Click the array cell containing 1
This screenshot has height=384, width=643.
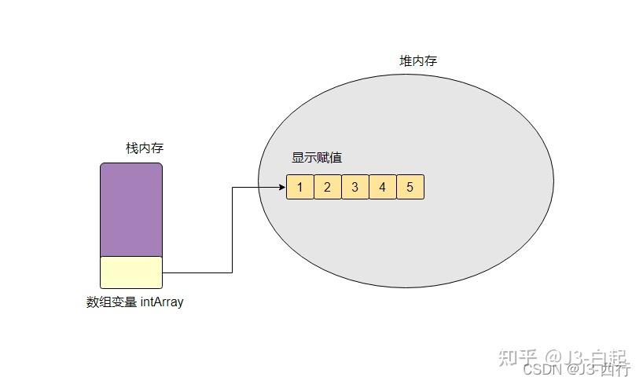299,187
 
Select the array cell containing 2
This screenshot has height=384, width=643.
327,187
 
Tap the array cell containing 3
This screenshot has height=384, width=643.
355,187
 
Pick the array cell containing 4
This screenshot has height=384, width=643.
382,187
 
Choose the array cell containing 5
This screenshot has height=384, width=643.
410,187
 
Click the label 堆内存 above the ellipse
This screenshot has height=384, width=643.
418,61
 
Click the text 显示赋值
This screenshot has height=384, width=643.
317,158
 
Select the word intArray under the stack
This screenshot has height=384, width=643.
162,302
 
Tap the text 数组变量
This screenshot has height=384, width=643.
111,302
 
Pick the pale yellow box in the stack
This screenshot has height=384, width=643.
130,272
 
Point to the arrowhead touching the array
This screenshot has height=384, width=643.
281,187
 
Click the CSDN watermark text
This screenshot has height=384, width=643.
542,368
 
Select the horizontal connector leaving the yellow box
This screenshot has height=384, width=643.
197,272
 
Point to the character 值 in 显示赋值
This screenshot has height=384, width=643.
336,158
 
